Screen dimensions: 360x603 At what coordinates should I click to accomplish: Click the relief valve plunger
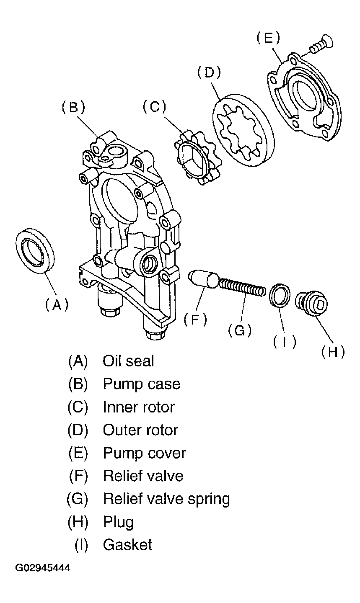pyautogui.click(x=203, y=280)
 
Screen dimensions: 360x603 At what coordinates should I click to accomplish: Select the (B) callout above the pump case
pyautogui.click(x=73, y=108)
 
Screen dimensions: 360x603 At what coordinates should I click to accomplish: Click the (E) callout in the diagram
pyautogui.click(x=268, y=38)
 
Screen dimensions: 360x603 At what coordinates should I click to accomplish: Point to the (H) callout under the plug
pyautogui.click(x=333, y=352)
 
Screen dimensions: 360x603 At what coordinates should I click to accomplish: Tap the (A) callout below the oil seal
pyautogui.click(x=57, y=305)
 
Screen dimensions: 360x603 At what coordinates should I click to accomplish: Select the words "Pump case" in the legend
pyautogui.click(x=142, y=384)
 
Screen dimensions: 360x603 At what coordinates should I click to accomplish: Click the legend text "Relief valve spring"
pyautogui.click(x=166, y=499)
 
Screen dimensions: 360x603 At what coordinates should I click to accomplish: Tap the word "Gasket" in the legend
pyautogui.click(x=128, y=544)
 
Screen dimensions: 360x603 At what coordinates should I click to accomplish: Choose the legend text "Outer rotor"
pyautogui.click(x=140, y=430)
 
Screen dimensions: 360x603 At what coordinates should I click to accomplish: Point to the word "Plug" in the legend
pyautogui.click(x=118, y=522)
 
